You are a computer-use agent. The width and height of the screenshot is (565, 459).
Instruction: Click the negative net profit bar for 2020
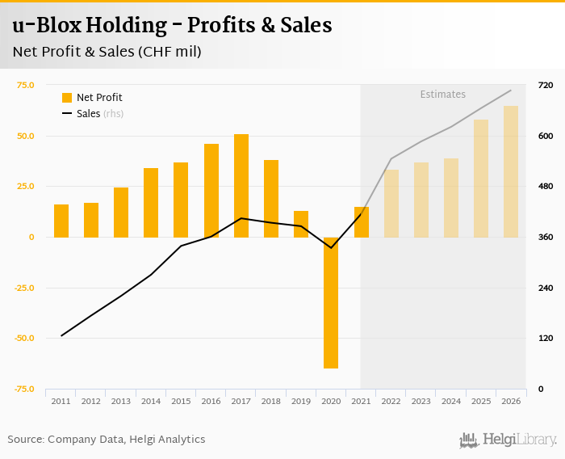coord(331,302)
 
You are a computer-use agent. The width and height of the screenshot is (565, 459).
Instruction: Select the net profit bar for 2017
coord(241,186)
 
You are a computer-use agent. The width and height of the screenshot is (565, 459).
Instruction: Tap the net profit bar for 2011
coord(61,221)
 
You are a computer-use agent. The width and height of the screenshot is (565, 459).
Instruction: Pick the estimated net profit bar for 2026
coord(511,171)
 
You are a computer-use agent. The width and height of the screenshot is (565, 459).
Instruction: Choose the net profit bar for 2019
coord(301,224)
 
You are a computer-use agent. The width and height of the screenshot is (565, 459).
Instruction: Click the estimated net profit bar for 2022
coord(391,203)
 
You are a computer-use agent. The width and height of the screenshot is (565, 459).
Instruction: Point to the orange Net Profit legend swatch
coord(67,98)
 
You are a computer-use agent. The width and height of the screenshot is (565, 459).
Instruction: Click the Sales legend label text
coord(88,114)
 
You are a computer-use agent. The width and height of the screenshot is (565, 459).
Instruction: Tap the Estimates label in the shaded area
coord(442,95)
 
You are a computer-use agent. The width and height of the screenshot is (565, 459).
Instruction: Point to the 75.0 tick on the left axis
coord(25,85)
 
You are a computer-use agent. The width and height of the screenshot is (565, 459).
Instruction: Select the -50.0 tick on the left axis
coord(23,338)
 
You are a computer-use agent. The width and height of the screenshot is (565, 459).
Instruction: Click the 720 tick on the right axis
coord(545,85)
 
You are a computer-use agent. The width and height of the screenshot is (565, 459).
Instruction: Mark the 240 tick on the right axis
coord(545,288)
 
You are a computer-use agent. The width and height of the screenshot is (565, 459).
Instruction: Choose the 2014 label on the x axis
coord(151,401)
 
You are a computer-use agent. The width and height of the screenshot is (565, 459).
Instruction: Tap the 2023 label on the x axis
coord(421,401)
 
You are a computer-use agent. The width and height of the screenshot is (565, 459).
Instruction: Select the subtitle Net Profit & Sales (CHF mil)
coord(107,52)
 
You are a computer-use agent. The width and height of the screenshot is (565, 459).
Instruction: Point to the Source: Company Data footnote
coord(107,440)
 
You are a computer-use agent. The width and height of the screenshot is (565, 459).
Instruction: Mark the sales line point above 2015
coord(181,246)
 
